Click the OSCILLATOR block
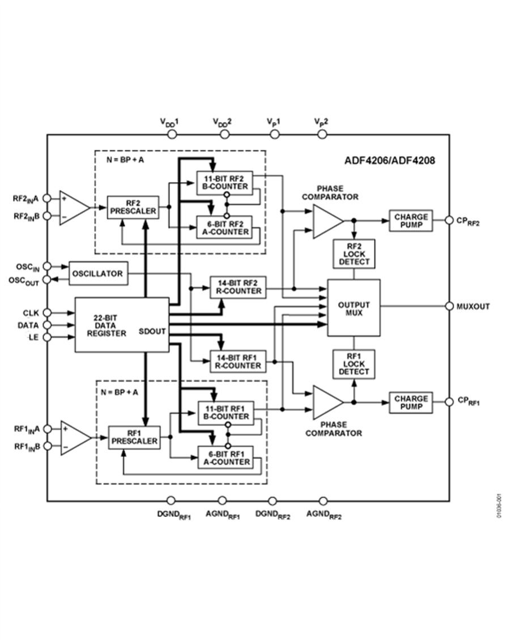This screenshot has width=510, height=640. point(97,274)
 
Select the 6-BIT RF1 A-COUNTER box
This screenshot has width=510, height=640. point(224,457)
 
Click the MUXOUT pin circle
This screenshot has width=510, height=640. point(449,306)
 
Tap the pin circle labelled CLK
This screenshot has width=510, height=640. point(47,312)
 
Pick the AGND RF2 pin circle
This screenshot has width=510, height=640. point(323,501)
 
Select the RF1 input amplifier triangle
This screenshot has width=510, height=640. point(75,437)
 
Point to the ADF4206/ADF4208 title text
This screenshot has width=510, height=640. point(390,160)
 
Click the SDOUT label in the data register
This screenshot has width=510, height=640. point(152,331)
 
